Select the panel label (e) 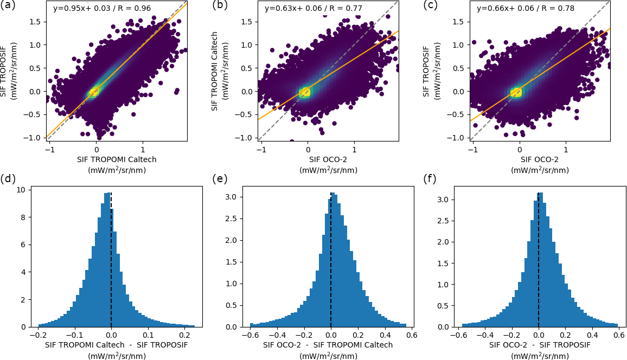pyautogui.click(x=220, y=179)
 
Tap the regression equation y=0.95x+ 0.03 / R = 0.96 pyautogui.click(x=102, y=9)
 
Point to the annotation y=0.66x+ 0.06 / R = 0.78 pyautogui.click(x=525, y=9)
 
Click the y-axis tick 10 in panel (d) pyautogui.click(x=21, y=190)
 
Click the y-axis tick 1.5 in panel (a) pyautogui.click(x=36, y=22)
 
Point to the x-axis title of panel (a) pyautogui.click(x=117, y=165)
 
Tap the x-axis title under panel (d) pyautogui.click(x=117, y=350)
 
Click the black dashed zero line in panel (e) pyautogui.click(x=331, y=260)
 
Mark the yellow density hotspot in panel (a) pyautogui.click(x=94, y=92)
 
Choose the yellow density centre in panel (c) pyautogui.click(x=516, y=92)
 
